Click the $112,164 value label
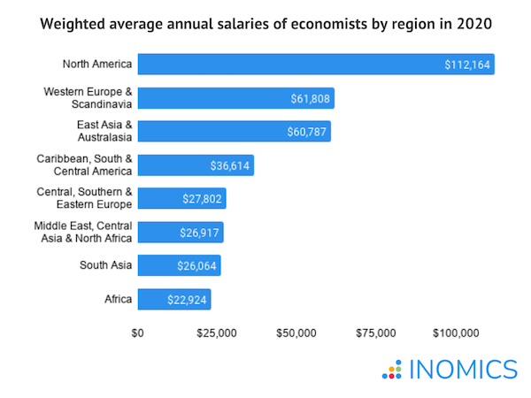pos(467,65)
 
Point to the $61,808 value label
pos(310,98)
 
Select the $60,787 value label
pos(306,132)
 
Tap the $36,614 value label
pos(229,165)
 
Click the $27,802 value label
pos(202,199)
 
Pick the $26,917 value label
pos(199,233)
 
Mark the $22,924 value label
pos(187,300)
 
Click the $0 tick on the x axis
pos(138,333)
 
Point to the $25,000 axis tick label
pos(217,333)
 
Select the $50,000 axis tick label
pos(296,333)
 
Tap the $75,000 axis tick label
pos(375,333)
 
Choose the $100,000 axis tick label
pos(456,333)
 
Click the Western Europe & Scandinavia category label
pos(88,98)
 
